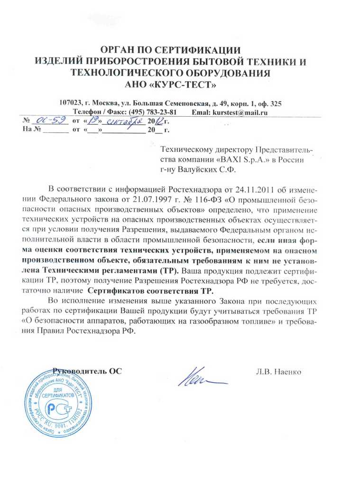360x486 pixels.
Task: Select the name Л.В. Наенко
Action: pos(277,372)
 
